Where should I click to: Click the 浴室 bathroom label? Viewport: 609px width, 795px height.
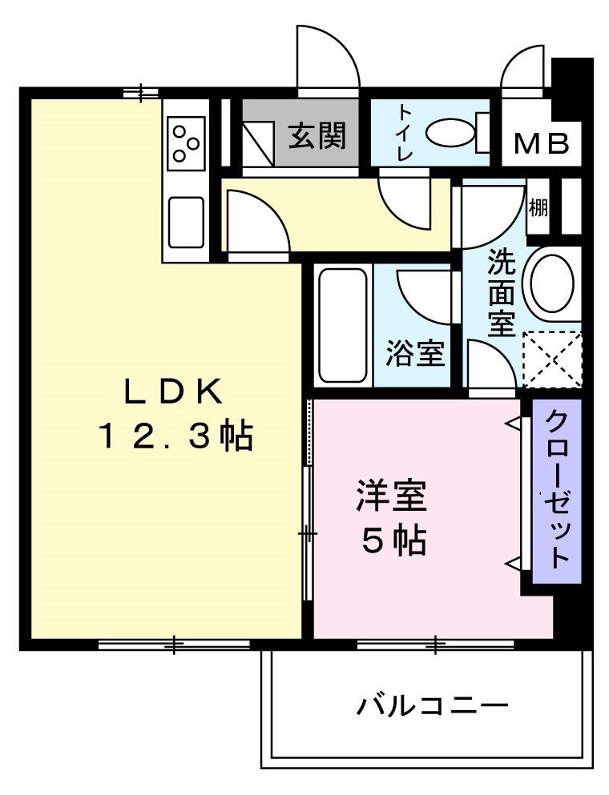tap(415, 353)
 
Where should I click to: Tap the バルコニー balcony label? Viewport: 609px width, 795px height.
tap(433, 705)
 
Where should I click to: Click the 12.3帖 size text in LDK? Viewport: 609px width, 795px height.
tap(175, 437)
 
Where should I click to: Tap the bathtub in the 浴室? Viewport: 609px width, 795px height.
tap(342, 326)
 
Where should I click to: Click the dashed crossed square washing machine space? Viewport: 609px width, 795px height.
tap(551, 359)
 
